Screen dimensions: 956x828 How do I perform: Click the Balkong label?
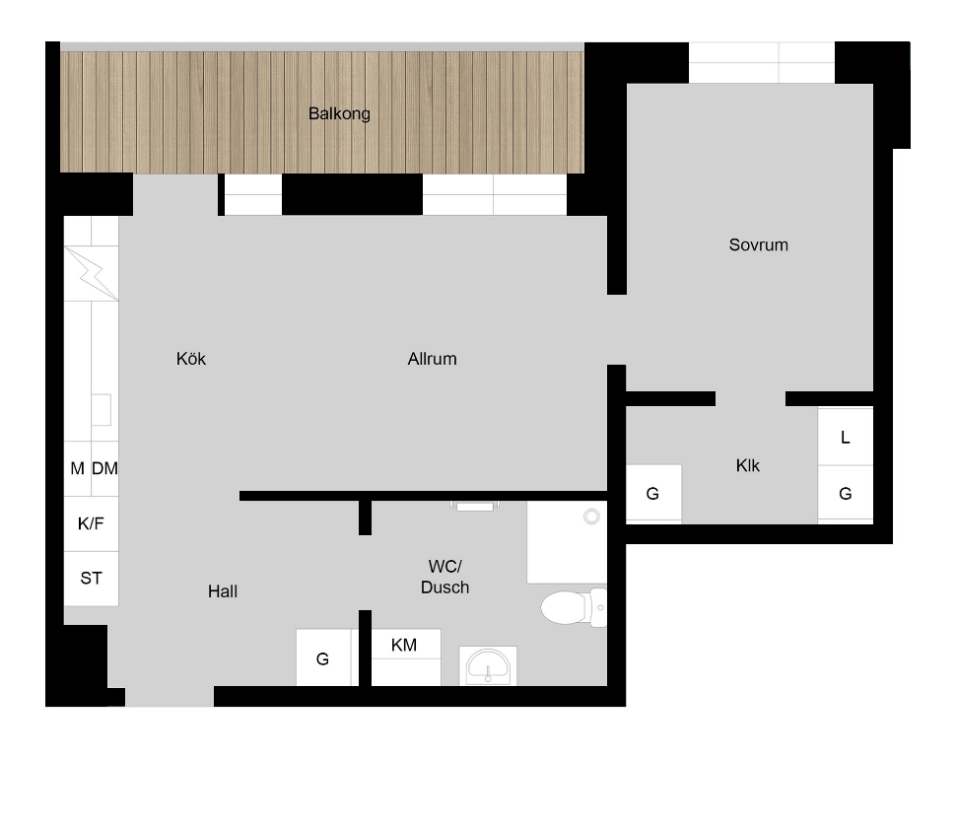click(339, 114)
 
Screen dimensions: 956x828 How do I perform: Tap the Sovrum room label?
click(759, 245)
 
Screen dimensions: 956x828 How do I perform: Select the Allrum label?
click(433, 359)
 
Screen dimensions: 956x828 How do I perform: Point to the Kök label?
click(191, 359)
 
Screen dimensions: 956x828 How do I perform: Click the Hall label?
click(223, 591)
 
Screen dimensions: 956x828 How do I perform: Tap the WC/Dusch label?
click(445, 577)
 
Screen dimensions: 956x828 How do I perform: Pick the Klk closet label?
click(747, 466)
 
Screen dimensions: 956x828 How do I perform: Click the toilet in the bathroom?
click(574, 607)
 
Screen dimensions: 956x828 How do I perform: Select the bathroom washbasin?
click(488, 665)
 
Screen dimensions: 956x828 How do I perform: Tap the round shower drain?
click(591, 517)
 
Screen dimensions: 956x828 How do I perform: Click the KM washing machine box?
click(406, 657)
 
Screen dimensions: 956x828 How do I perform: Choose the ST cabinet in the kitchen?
click(92, 579)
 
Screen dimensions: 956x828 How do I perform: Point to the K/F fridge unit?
click(92, 523)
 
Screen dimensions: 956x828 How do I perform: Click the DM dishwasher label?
click(104, 468)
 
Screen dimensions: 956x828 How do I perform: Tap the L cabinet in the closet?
click(845, 438)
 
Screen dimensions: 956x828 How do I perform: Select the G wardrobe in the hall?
click(323, 657)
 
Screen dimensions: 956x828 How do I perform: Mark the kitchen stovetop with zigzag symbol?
click(92, 273)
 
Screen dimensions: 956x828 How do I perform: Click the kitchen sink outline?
click(102, 410)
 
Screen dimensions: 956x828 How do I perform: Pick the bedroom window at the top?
click(762, 62)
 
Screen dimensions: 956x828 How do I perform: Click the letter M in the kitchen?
click(78, 468)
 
